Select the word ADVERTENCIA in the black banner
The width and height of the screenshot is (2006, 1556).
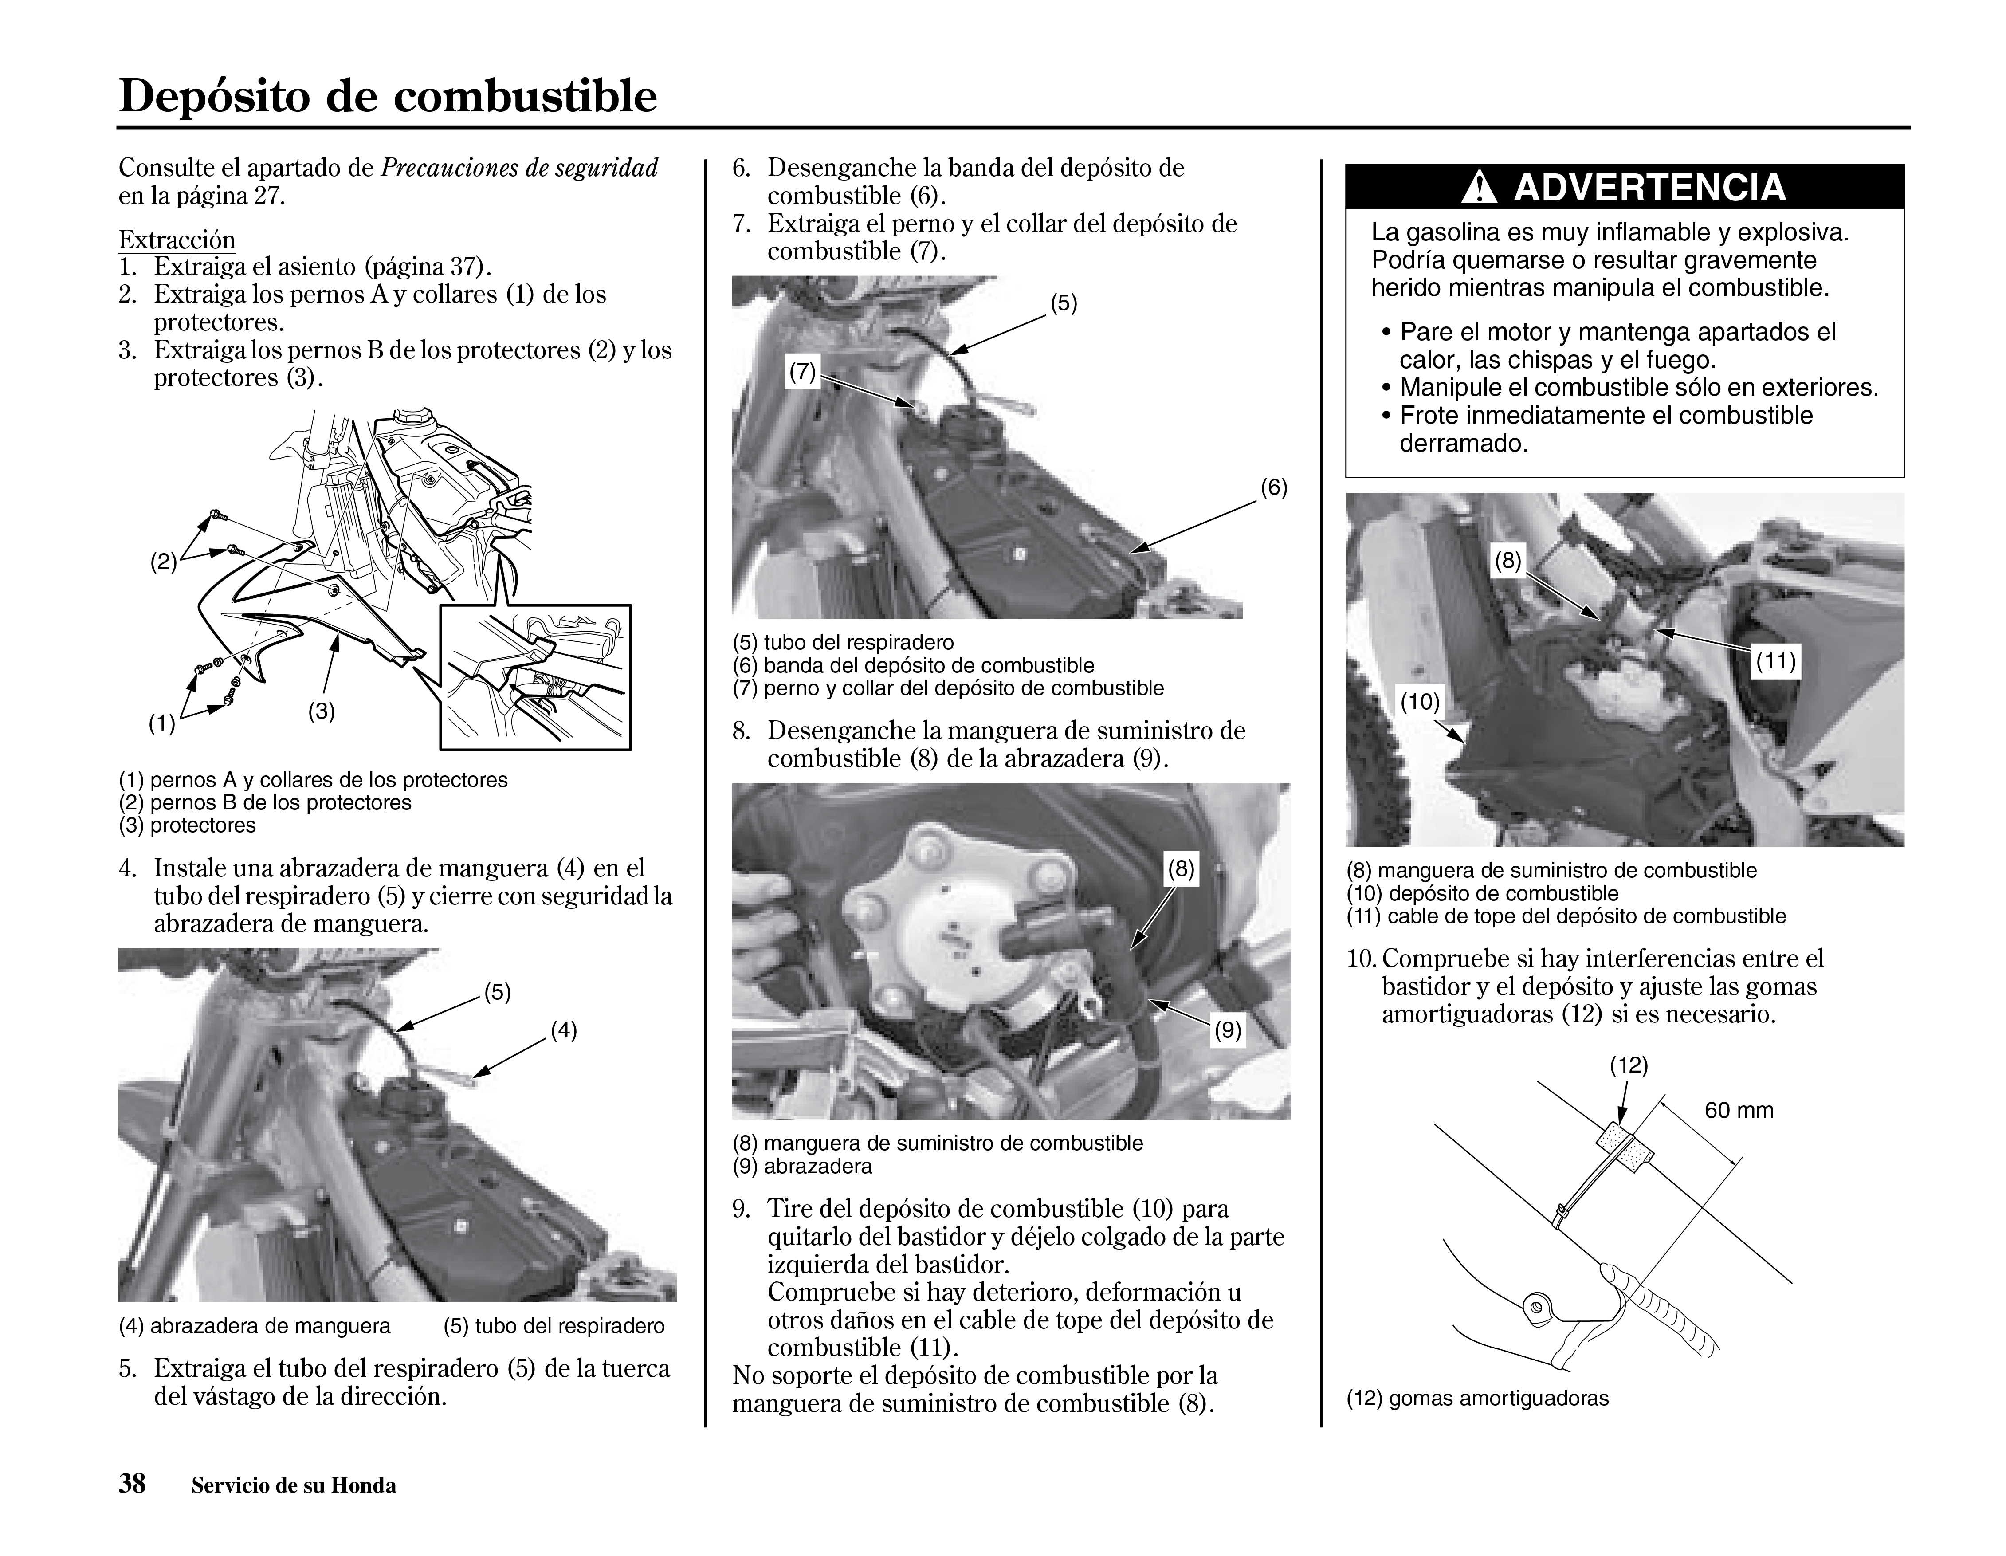click(1649, 187)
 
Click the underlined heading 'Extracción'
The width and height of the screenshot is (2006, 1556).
click(177, 241)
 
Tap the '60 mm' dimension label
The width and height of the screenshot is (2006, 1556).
click(1739, 1111)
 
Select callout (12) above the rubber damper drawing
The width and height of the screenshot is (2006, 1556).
click(1629, 1065)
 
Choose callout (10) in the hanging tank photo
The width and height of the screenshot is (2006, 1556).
click(1419, 703)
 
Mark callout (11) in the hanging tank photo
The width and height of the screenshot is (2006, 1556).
click(1775, 661)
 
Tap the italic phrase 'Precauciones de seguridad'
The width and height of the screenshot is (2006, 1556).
click(519, 168)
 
